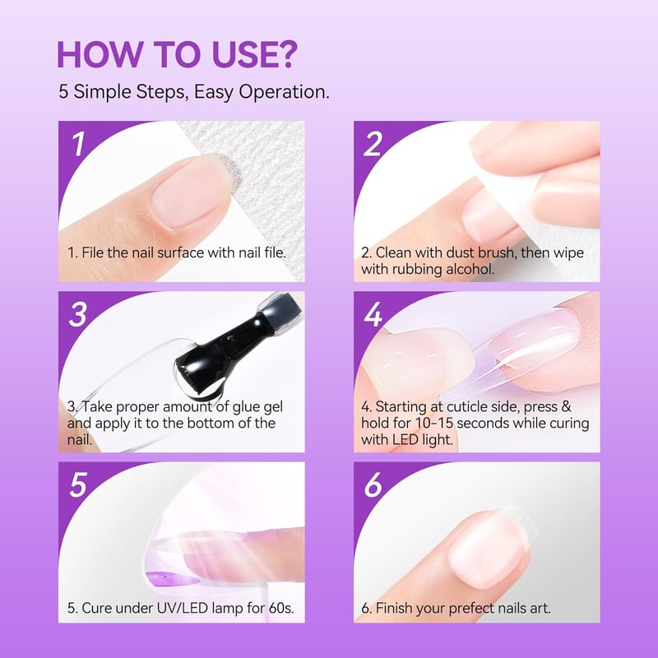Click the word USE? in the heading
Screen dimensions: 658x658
click(255, 54)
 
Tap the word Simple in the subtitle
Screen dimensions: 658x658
click(102, 92)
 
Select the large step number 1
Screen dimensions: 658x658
click(78, 144)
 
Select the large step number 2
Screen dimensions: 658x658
click(373, 144)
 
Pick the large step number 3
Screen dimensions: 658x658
click(78, 314)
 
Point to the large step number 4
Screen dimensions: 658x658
click(373, 314)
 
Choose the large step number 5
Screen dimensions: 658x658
click(78, 484)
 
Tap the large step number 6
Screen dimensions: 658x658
click(373, 484)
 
